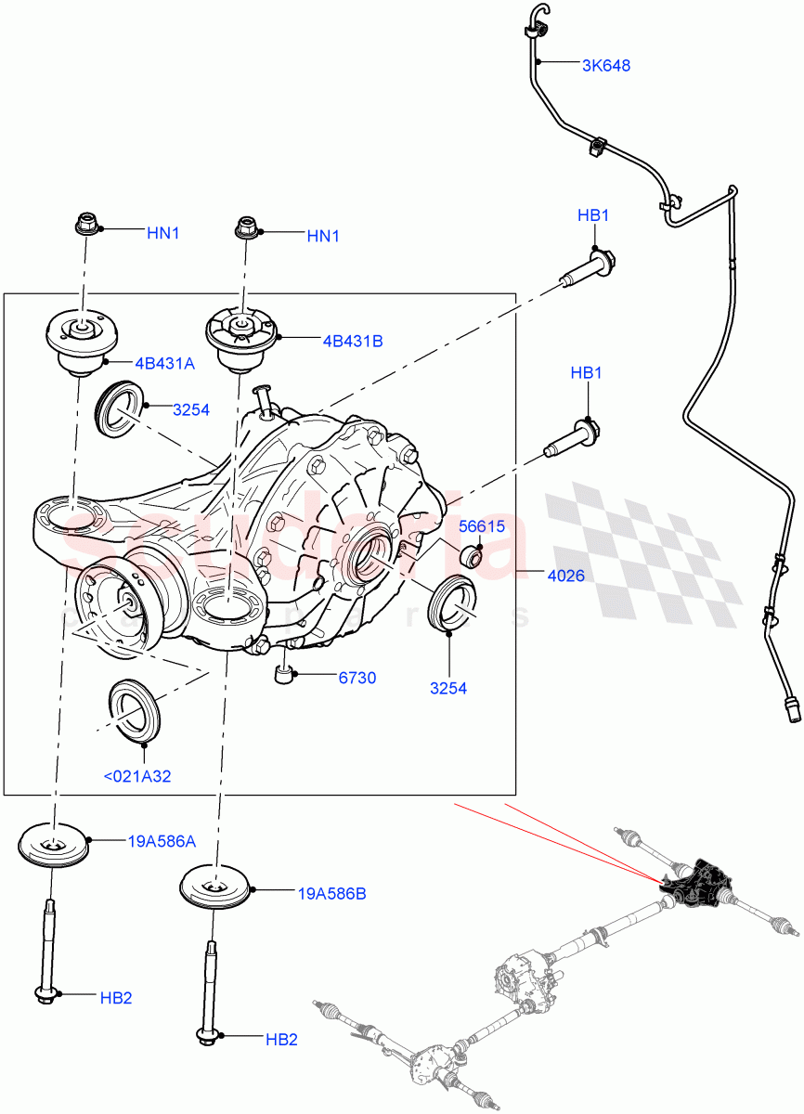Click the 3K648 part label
606,66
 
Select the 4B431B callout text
353,341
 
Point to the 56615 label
482,526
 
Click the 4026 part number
565,576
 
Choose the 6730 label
357,678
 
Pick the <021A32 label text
137,776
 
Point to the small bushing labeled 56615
472,556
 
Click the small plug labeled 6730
285,672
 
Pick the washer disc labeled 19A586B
215,887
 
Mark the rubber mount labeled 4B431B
241,340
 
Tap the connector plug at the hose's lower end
793,712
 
